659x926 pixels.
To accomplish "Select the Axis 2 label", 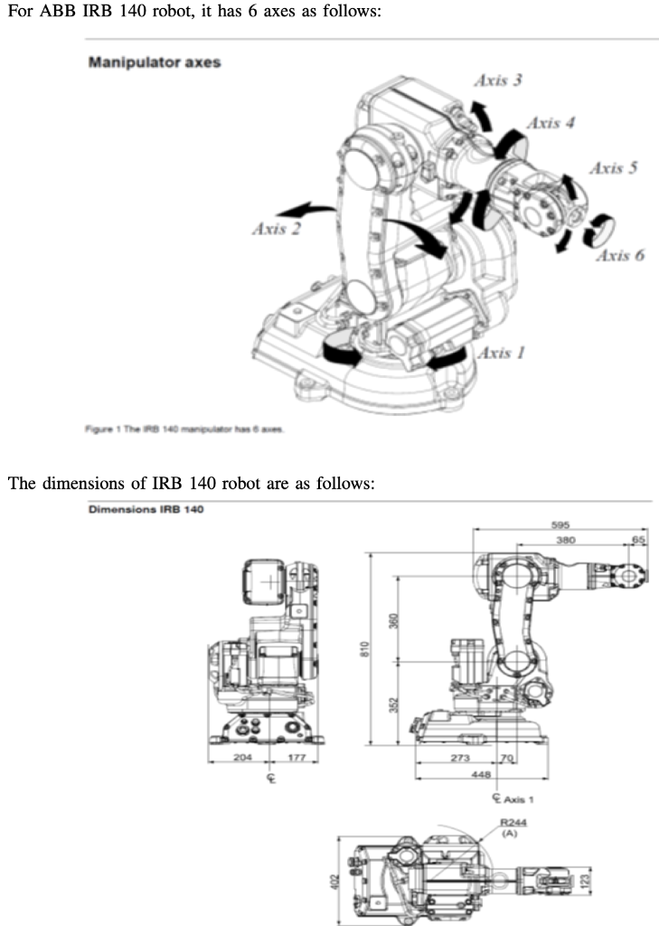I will point(276,228).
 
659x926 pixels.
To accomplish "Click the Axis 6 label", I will point(620,255).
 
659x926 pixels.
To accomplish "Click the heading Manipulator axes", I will point(155,63).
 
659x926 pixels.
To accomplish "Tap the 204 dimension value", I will point(242,757).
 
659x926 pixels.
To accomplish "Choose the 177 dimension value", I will point(296,757).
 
